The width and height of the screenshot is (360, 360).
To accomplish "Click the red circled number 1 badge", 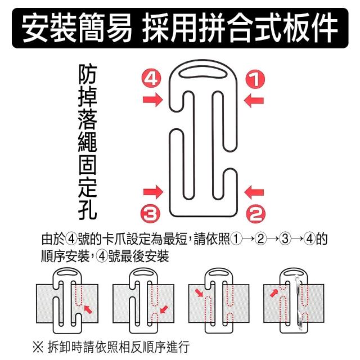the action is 255,79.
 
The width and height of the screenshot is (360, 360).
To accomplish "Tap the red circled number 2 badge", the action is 256,214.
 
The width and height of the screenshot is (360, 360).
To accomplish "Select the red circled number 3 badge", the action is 151,213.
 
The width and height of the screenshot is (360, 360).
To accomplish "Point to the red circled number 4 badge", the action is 151,79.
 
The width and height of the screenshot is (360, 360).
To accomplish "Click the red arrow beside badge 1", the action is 254,101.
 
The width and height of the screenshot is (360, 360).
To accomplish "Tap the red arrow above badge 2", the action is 254,192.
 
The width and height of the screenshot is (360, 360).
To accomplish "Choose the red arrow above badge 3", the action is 153,192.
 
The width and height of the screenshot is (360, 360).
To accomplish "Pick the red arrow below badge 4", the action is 152,100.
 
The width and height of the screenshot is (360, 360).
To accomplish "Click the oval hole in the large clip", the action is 203,73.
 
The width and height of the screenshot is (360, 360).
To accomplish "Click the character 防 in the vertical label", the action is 88,74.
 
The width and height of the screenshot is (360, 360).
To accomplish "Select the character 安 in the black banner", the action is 35,28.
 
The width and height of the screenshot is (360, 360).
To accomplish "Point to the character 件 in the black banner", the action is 325,28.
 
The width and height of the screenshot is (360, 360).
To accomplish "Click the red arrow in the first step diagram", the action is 88,309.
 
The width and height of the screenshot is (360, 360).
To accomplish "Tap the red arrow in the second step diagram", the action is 164,309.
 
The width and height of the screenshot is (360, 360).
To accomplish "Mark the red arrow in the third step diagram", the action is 199,293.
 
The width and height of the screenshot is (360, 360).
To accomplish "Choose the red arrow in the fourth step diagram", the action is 274,293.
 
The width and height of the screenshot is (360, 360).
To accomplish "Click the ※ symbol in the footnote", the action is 38,347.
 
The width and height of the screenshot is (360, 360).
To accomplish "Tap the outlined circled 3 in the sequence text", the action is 285,238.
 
